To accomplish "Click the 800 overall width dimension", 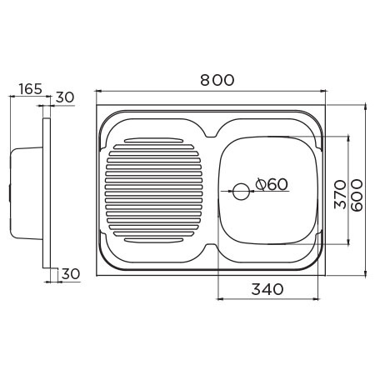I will (216, 80).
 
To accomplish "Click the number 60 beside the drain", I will (277, 184).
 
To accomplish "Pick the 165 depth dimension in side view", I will (27, 88).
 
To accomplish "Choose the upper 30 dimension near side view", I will (65, 97).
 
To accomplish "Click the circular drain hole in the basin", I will (241, 191).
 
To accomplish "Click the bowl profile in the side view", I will (25, 190).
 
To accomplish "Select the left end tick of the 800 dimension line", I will (95, 90).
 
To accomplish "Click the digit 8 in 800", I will (204, 80).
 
